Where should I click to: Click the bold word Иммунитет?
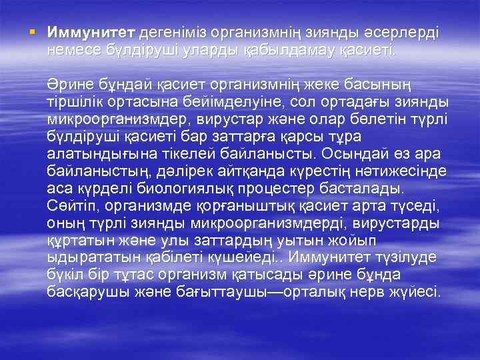[91, 33]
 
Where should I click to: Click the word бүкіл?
[65, 274]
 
